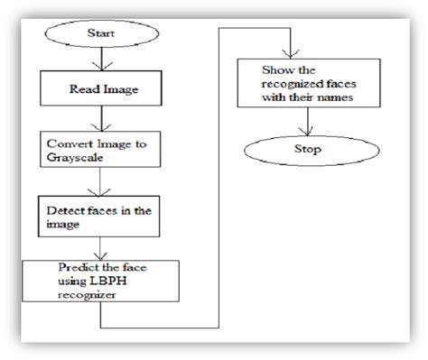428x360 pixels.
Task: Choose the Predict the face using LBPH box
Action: (98, 279)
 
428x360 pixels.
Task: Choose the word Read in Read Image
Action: (86, 90)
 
